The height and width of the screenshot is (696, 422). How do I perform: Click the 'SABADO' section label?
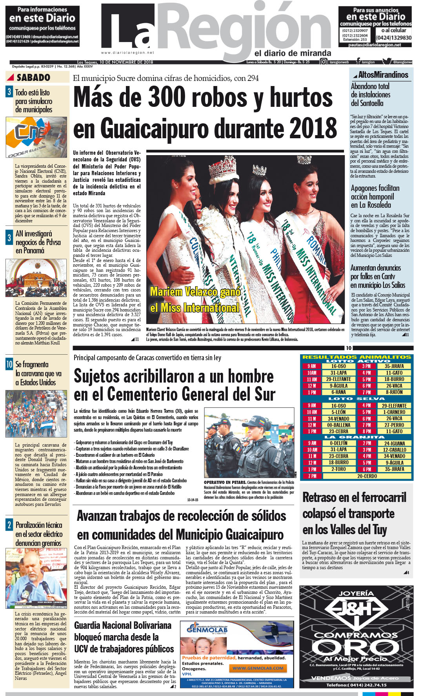33,77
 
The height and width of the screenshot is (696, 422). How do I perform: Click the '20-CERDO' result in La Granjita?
367,476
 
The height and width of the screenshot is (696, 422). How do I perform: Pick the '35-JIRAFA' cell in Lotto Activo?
394,366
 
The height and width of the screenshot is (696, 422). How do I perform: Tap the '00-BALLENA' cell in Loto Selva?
338,425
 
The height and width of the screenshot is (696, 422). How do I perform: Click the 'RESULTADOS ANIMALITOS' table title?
357,357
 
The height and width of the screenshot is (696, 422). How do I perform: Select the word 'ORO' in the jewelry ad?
355,648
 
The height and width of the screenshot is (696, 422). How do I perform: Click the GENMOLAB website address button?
258,668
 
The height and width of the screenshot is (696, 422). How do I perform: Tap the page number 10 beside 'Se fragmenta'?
9,364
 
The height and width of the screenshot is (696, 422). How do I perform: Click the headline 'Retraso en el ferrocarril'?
354,497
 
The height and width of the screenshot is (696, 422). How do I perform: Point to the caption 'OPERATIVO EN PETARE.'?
225,482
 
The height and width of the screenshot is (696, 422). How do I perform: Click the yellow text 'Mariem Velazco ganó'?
195,292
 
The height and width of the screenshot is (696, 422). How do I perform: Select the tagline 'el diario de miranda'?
293,53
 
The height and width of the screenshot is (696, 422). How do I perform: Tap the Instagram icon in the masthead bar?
324,62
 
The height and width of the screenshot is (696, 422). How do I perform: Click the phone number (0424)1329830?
393,38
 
